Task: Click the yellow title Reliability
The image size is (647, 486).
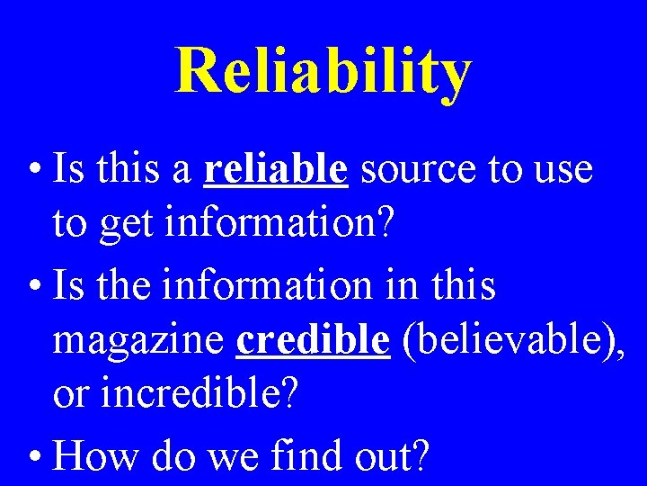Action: point(323,72)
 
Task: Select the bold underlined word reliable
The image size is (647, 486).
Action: point(276,168)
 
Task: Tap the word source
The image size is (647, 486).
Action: point(417,168)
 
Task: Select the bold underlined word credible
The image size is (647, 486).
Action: point(313,341)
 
